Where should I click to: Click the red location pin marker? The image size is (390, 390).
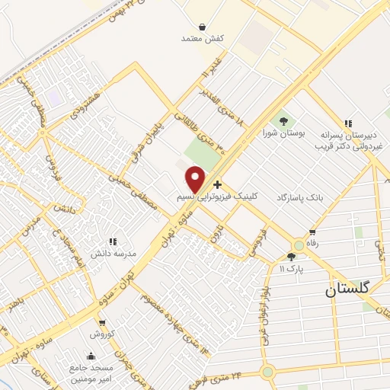coord(195,179)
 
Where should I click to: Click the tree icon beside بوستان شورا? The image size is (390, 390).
coord(283,120)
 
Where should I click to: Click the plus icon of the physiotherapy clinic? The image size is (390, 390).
coord(218,184)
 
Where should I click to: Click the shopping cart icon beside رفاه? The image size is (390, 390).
coord(312,233)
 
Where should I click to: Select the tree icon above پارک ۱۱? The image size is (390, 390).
coord(291,257)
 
